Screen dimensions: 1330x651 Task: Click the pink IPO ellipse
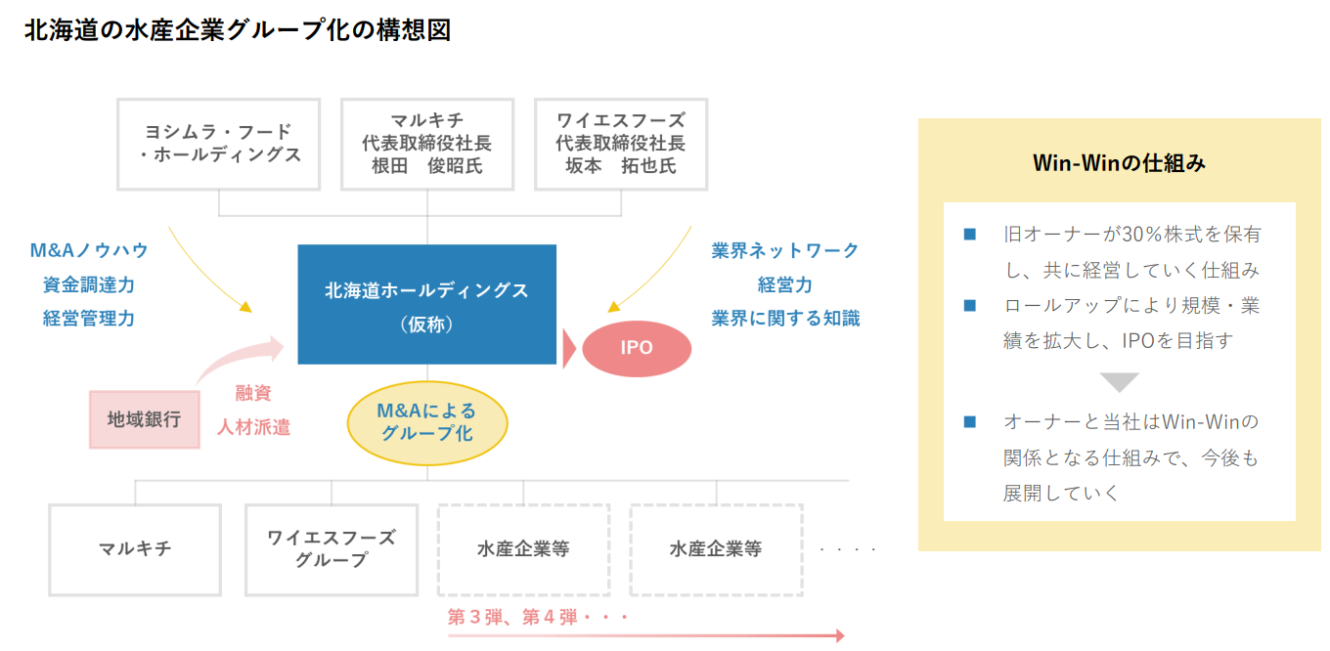pos(637,348)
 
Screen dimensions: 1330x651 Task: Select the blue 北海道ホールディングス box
pos(427,304)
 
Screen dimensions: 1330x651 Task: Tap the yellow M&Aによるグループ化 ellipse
pos(427,423)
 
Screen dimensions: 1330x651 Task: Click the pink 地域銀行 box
pos(145,419)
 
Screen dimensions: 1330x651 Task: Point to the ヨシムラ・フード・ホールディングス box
pos(218,145)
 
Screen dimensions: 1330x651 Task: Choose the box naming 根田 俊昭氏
pos(427,145)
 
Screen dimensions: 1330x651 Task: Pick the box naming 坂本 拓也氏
pos(621,145)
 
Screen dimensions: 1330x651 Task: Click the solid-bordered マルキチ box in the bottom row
pos(135,549)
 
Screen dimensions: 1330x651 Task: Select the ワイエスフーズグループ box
pos(332,549)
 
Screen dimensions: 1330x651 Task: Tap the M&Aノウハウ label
pos(89,250)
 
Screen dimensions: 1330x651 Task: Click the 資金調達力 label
pos(89,284)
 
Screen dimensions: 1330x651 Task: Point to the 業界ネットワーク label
pos(785,250)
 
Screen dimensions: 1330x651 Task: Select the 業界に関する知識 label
pos(785,319)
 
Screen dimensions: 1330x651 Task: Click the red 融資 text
pos(253,393)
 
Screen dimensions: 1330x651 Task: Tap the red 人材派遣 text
pos(253,427)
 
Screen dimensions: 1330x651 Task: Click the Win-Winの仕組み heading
pos(1119,162)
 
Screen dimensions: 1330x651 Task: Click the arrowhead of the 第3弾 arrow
pos(840,635)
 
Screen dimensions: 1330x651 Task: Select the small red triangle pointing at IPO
pos(569,348)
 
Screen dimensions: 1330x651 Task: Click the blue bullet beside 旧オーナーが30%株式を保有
pos(969,235)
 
